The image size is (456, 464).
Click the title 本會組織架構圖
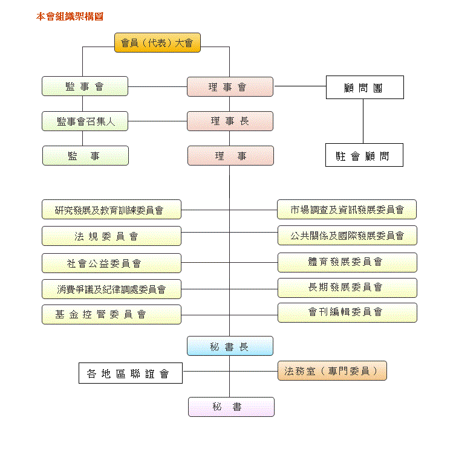pos(70,16)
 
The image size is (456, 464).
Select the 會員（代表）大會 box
pos(157,43)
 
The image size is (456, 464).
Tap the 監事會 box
pos(85,86)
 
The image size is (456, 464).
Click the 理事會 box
pos(230,86)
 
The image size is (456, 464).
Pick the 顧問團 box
pos(365,87)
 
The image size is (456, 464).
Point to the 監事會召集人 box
pos(85,121)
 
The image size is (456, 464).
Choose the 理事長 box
pos(230,121)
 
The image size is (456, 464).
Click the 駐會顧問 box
pos(364,155)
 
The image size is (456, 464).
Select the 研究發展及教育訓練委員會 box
pos(111,210)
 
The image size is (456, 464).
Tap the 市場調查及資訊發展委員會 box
pos(347,209)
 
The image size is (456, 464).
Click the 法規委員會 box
pos(111,236)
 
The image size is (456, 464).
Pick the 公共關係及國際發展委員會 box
pos(347,235)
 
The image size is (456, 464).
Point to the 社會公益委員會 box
pos(111,263)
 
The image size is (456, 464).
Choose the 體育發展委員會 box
pos(347,262)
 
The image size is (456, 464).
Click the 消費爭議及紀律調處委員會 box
pos(111,289)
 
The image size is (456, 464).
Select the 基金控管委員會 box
pos(111,314)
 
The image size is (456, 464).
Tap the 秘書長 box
pos(230,346)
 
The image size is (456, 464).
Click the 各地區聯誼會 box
pos(131,373)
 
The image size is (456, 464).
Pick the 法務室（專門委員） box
pos(332,371)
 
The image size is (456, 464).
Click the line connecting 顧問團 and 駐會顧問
pos(363,121)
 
